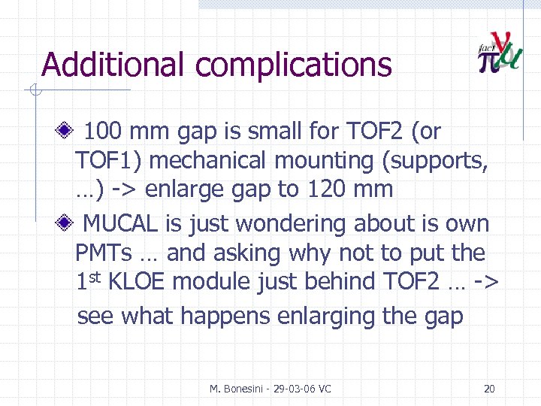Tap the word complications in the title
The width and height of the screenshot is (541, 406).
(x=295, y=66)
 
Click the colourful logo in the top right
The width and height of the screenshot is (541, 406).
(x=499, y=53)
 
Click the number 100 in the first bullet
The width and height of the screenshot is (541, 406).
(x=104, y=132)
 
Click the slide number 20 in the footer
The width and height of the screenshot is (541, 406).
(x=489, y=389)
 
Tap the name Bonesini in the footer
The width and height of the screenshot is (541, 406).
(x=243, y=389)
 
